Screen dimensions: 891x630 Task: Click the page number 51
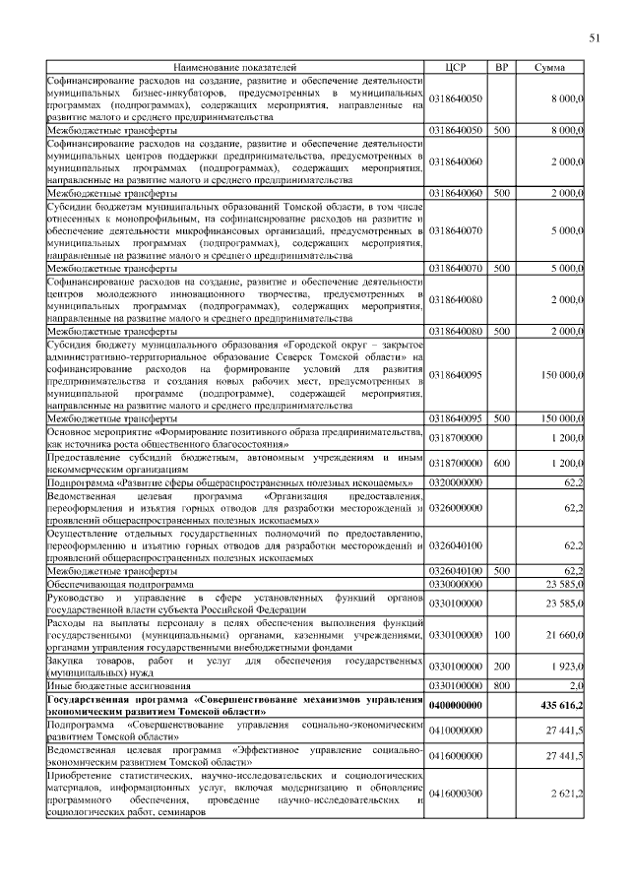click(x=594, y=38)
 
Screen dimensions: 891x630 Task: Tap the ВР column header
click(x=501, y=67)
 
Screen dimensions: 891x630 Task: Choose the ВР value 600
click(x=501, y=462)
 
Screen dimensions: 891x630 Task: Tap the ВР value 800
click(x=501, y=683)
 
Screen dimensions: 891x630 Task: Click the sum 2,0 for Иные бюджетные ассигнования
click(x=576, y=683)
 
